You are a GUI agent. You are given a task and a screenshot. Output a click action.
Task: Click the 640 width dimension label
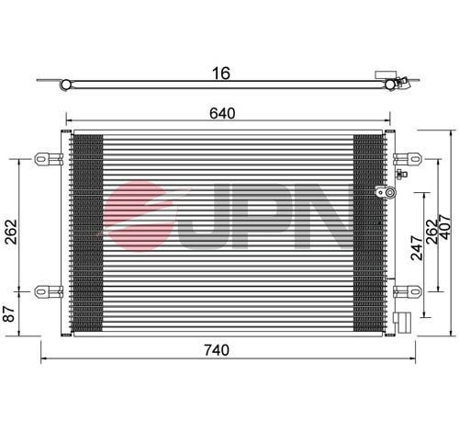tap(222, 114)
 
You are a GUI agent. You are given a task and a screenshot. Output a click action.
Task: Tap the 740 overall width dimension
tap(217, 350)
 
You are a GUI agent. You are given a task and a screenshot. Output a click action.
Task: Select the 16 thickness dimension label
tap(221, 74)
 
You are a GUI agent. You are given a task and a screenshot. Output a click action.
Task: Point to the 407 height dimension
tap(444, 227)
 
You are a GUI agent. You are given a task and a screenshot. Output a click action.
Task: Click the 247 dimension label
tap(417, 248)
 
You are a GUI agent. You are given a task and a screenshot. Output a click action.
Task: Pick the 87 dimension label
tap(9, 313)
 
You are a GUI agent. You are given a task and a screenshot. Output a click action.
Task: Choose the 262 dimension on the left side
tap(11, 232)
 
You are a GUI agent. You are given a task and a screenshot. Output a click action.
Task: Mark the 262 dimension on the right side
tap(431, 232)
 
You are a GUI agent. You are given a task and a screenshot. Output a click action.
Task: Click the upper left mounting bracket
tap(49, 159)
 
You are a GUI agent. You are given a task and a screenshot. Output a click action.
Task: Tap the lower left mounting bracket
tap(49, 291)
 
